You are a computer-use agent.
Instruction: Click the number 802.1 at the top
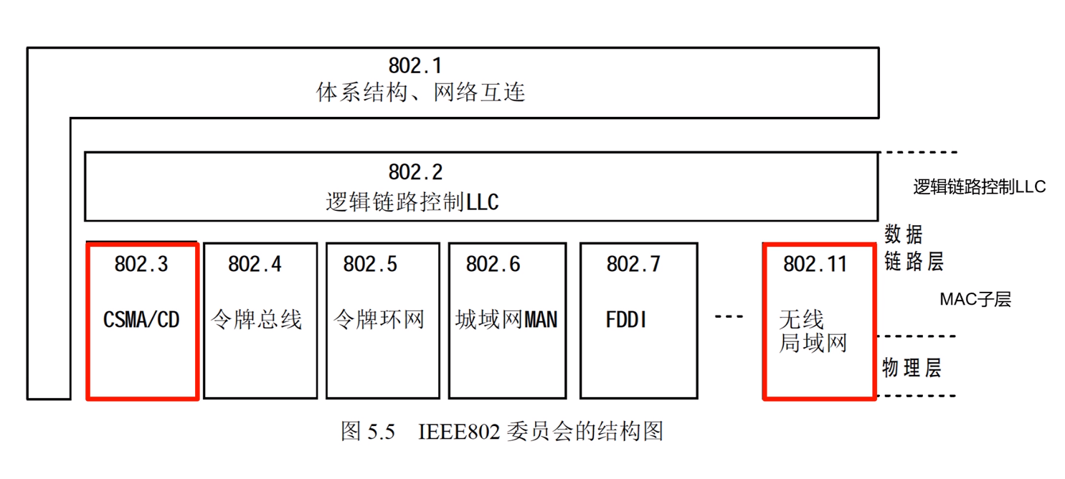coord(415,65)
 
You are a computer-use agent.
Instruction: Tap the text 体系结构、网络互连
coord(421,93)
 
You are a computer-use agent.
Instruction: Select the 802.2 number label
coord(415,172)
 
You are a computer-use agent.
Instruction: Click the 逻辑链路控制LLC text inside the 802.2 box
coord(412,202)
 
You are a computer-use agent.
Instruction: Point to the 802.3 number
coord(141,265)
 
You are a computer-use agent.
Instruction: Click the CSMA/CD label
coord(141,319)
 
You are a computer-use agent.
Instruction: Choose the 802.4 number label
coord(255,265)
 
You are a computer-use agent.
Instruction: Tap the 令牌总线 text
coord(257,319)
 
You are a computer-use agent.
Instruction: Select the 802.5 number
coord(369,265)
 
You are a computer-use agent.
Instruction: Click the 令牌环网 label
coord(379,319)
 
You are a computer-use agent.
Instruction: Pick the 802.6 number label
coord(493,265)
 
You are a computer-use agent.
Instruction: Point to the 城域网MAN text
coord(506,319)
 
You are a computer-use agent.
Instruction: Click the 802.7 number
coord(633,265)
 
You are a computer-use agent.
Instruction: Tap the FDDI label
coord(626,319)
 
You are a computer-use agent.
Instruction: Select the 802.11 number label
coord(815,265)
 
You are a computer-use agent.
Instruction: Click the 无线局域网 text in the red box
coord(813,331)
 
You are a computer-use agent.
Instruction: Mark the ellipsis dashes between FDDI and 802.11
coord(729,318)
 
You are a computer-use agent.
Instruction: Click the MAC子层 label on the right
coord(975,300)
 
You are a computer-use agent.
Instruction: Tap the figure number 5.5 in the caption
coord(382,432)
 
